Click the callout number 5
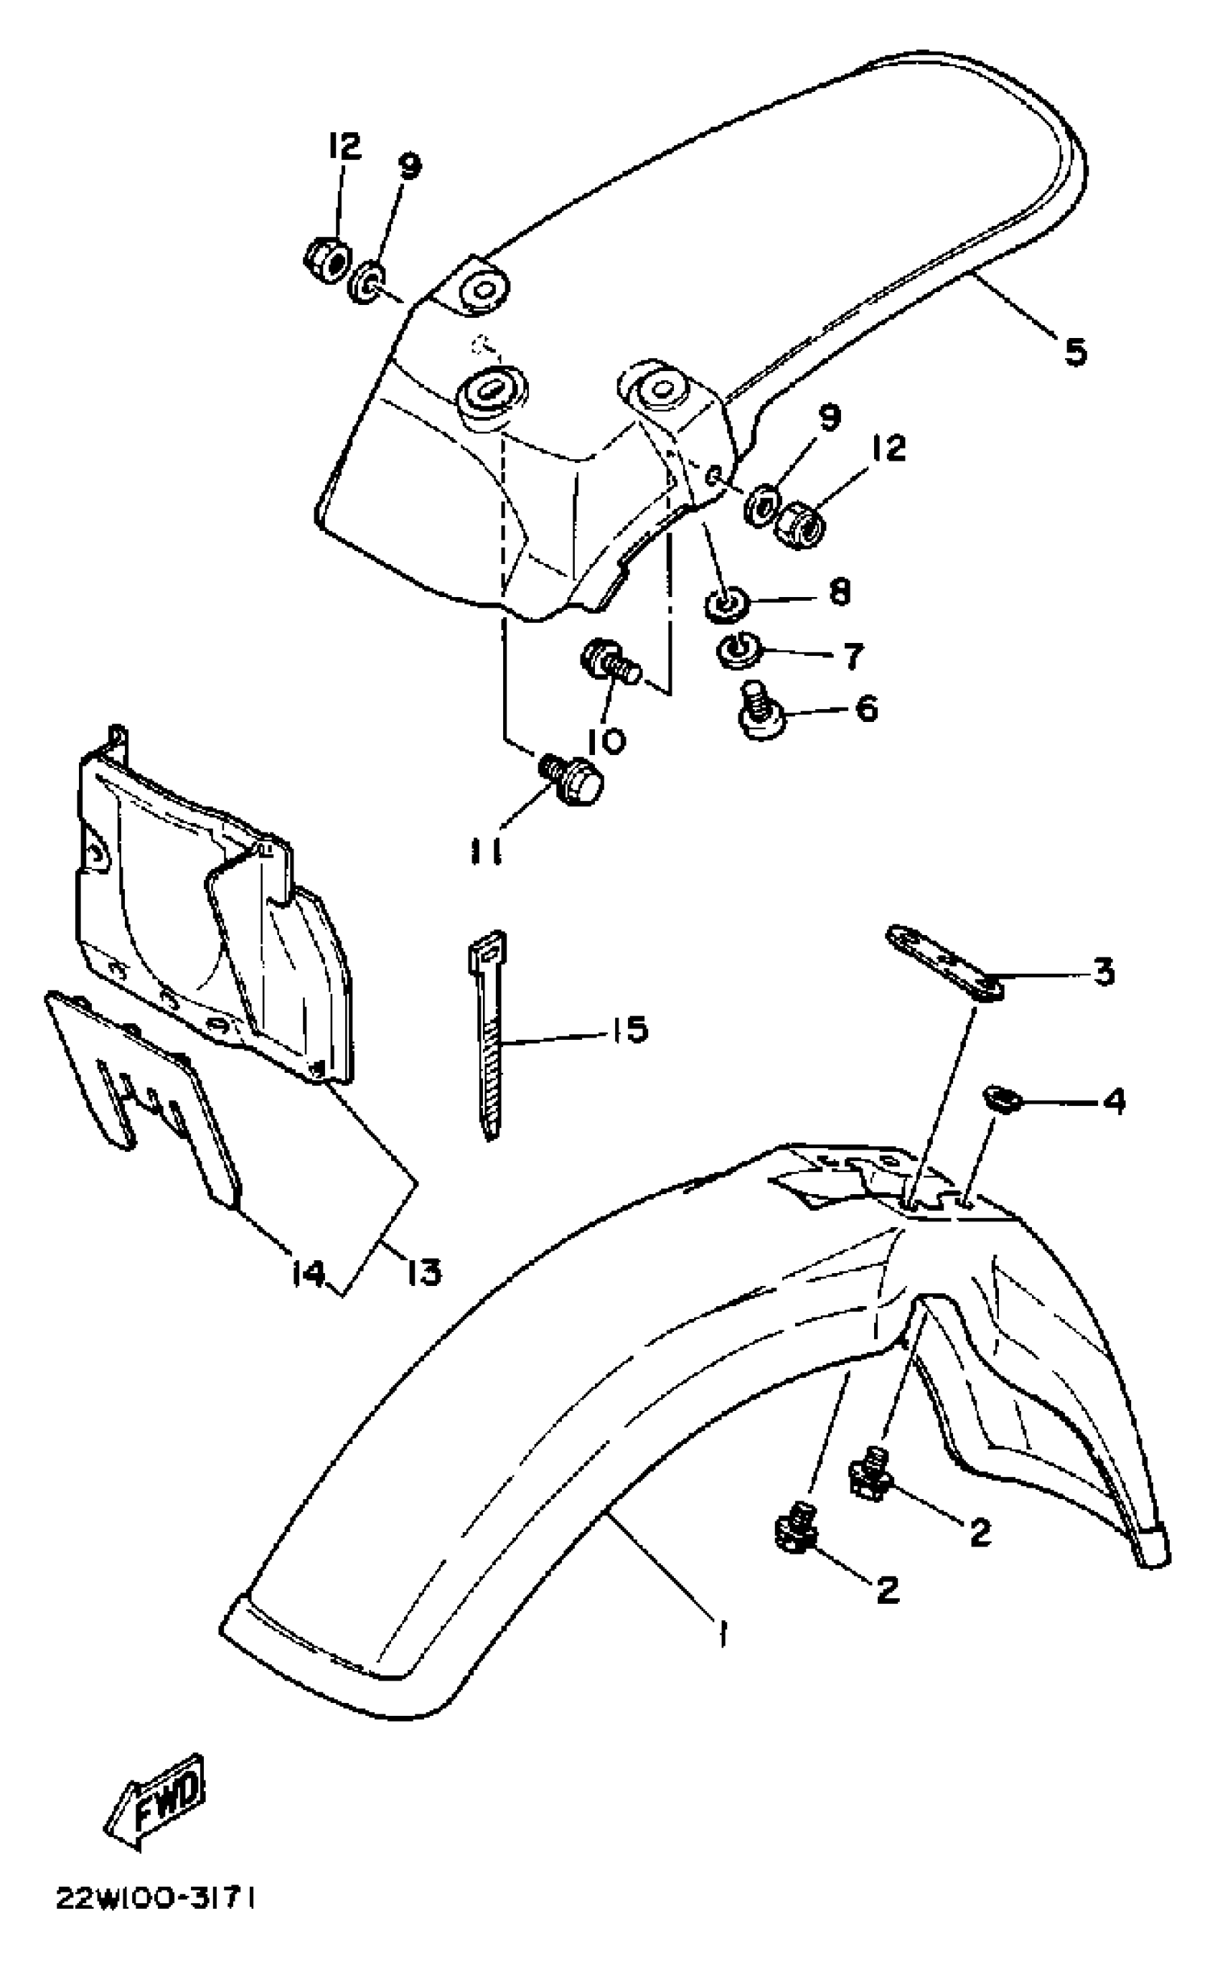coord(1075,351)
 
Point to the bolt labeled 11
coord(573,780)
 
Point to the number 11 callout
coord(487,852)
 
